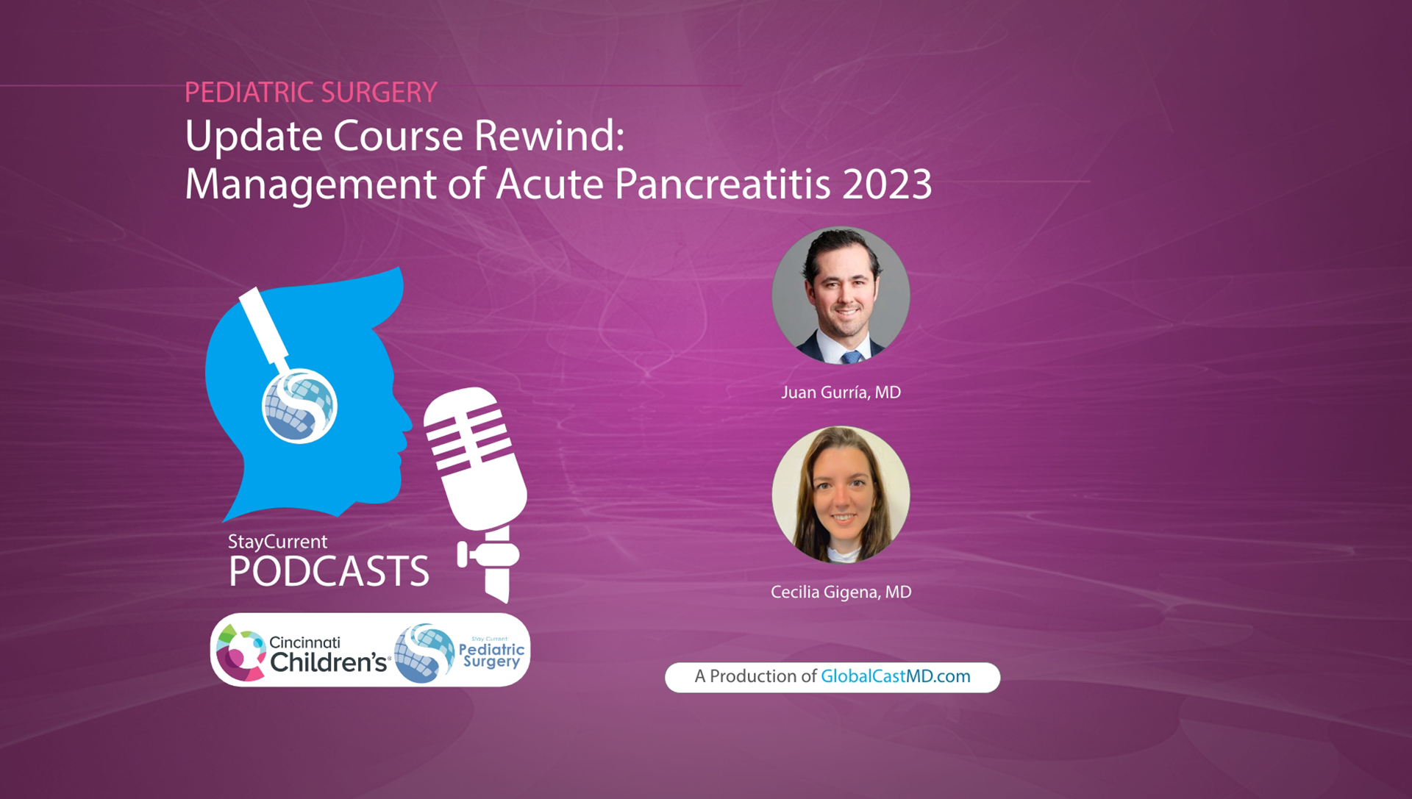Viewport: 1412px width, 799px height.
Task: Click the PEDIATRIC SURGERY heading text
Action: (x=310, y=93)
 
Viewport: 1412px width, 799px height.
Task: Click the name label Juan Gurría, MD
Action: (x=841, y=393)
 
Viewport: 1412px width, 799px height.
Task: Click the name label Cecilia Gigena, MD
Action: (x=841, y=592)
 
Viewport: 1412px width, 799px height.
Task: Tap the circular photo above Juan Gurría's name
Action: (x=841, y=295)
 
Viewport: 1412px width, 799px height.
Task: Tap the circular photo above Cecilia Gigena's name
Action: (x=841, y=495)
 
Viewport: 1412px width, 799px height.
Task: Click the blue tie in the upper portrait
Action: (x=852, y=357)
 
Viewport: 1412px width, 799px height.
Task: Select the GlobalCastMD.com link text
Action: (x=895, y=676)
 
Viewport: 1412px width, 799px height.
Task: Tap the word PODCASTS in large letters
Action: (x=329, y=572)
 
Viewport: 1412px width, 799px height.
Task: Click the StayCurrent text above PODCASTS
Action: (x=277, y=542)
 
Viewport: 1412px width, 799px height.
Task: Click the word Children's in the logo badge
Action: (x=328, y=662)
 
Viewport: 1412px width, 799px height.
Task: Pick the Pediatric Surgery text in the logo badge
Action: (x=491, y=654)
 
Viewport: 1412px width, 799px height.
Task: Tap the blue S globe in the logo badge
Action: (x=424, y=653)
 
